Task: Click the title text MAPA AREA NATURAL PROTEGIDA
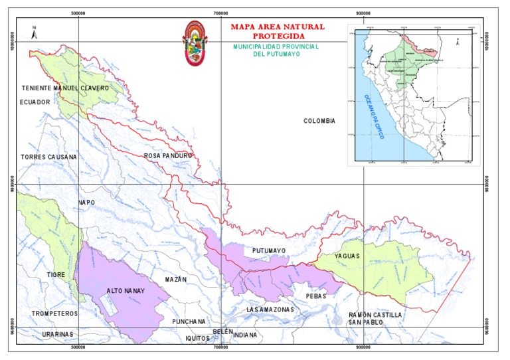(x=278, y=31)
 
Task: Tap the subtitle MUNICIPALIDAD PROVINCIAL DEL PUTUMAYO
(x=277, y=50)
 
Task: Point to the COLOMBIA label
(x=319, y=121)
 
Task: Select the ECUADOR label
(x=35, y=102)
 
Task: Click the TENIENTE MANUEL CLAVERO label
(x=65, y=88)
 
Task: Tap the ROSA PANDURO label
(x=168, y=155)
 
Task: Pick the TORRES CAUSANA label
(x=48, y=157)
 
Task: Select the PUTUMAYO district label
(x=269, y=250)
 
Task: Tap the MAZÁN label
(x=176, y=279)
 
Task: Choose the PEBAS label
(x=317, y=296)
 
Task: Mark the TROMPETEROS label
(x=54, y=313)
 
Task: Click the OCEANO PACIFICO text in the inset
(x=373, y=116)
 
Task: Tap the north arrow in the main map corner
(x=34, y=31)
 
